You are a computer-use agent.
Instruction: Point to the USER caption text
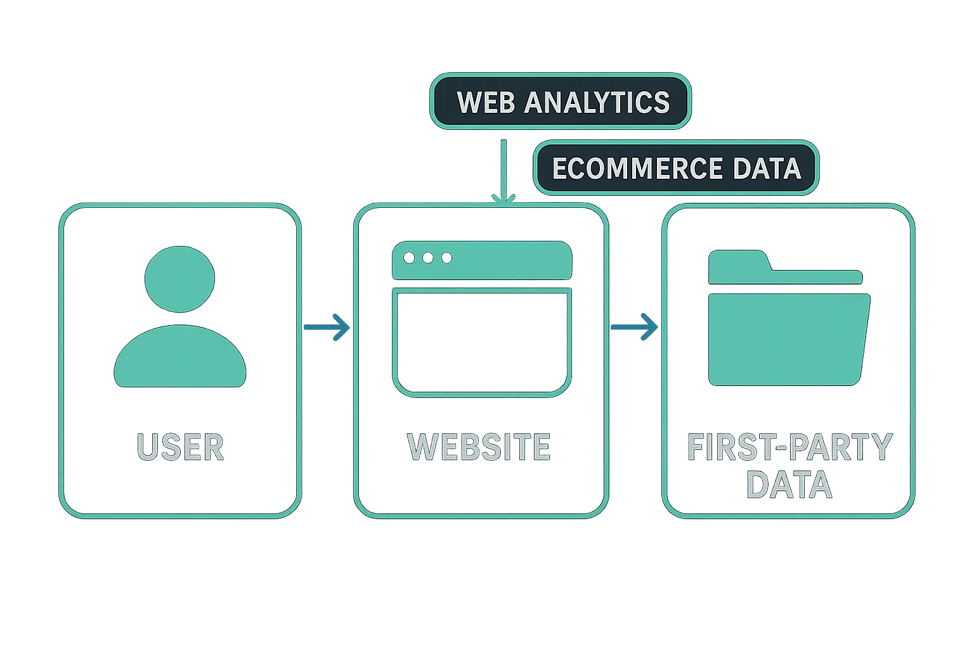coord(180,447)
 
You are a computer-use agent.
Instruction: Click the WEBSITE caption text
coord(479,447)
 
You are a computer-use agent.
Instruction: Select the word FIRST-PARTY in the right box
coord(789,447)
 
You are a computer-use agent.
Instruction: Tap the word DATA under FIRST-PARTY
coord(789,485)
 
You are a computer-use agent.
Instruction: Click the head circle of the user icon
coord(180,279)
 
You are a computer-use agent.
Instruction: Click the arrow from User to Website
coord(327,328)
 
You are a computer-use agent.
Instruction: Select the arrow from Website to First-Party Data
coord(635,326)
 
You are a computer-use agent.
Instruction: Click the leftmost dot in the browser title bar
coord(409,258)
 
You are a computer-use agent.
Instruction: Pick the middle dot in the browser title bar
coord(428,258)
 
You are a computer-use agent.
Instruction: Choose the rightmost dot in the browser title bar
coord(446,258)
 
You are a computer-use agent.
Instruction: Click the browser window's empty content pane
coord(482,342)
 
